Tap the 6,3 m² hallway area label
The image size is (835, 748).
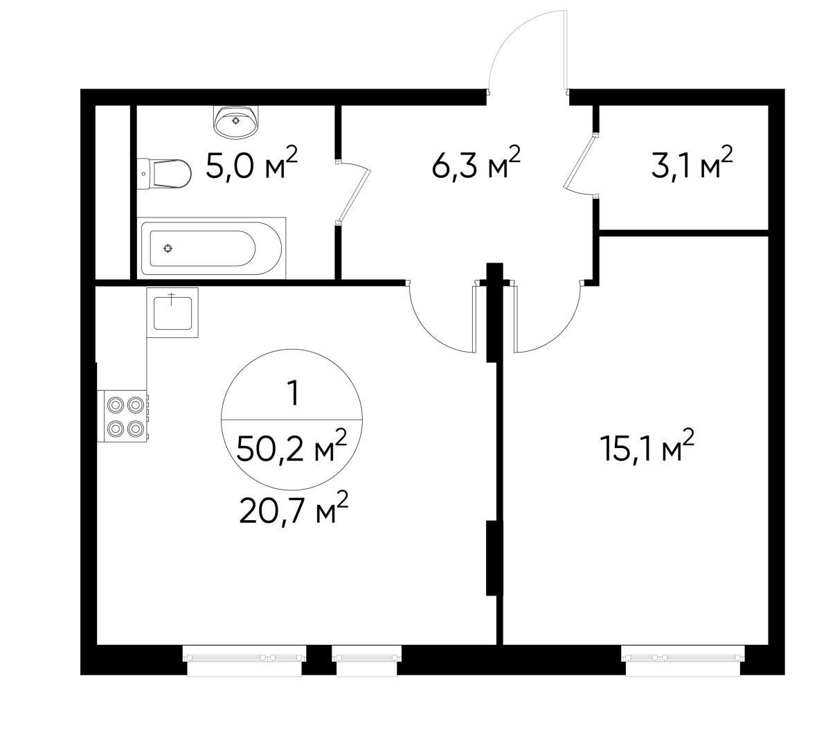point(475,166)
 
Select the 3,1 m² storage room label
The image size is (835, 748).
point(692,166)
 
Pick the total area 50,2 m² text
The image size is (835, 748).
point(291,449)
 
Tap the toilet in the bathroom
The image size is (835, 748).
point(167,174)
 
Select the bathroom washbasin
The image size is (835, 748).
point(237,121)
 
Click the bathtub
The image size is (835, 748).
point(210,247)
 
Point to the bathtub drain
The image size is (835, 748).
point(168,248)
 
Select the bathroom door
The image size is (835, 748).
point(351,194)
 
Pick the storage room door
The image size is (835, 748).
point(580,165)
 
